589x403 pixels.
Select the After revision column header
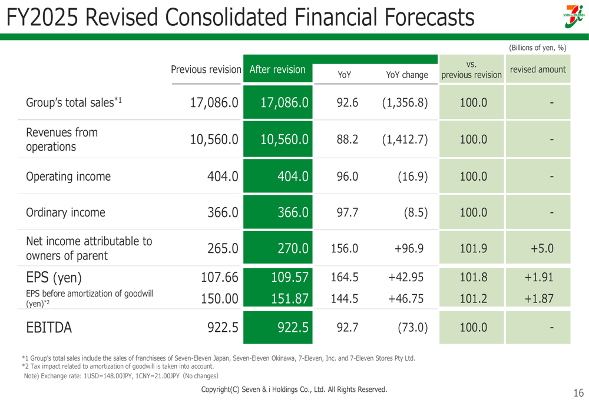coord(278,69)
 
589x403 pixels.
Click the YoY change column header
coord(406,75)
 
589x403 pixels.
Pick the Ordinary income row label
coord(65,212)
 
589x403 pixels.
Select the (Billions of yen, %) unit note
coord(537,48)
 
